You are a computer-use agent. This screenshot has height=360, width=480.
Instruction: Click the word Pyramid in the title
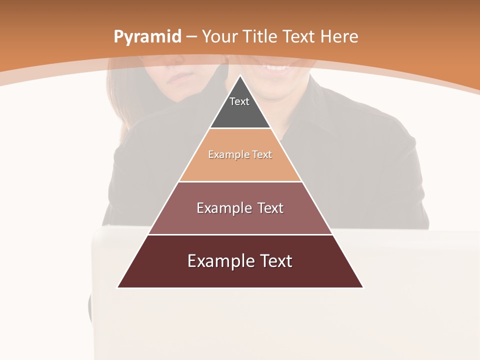(147, 37)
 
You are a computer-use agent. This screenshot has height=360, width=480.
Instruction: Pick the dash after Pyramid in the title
(191, 37)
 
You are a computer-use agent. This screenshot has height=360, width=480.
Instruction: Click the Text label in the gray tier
(239, 101)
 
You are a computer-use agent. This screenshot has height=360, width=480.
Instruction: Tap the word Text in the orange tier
(262, 154)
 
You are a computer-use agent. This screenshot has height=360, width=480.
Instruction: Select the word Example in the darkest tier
(216, 261)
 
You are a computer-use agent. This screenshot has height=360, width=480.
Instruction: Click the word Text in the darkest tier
(275, 261)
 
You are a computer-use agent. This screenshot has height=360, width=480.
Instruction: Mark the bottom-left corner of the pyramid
(118, 287)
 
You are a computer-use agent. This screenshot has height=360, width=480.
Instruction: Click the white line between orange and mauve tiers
(240, 181)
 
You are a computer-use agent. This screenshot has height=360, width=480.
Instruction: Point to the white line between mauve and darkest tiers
(240, 234)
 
